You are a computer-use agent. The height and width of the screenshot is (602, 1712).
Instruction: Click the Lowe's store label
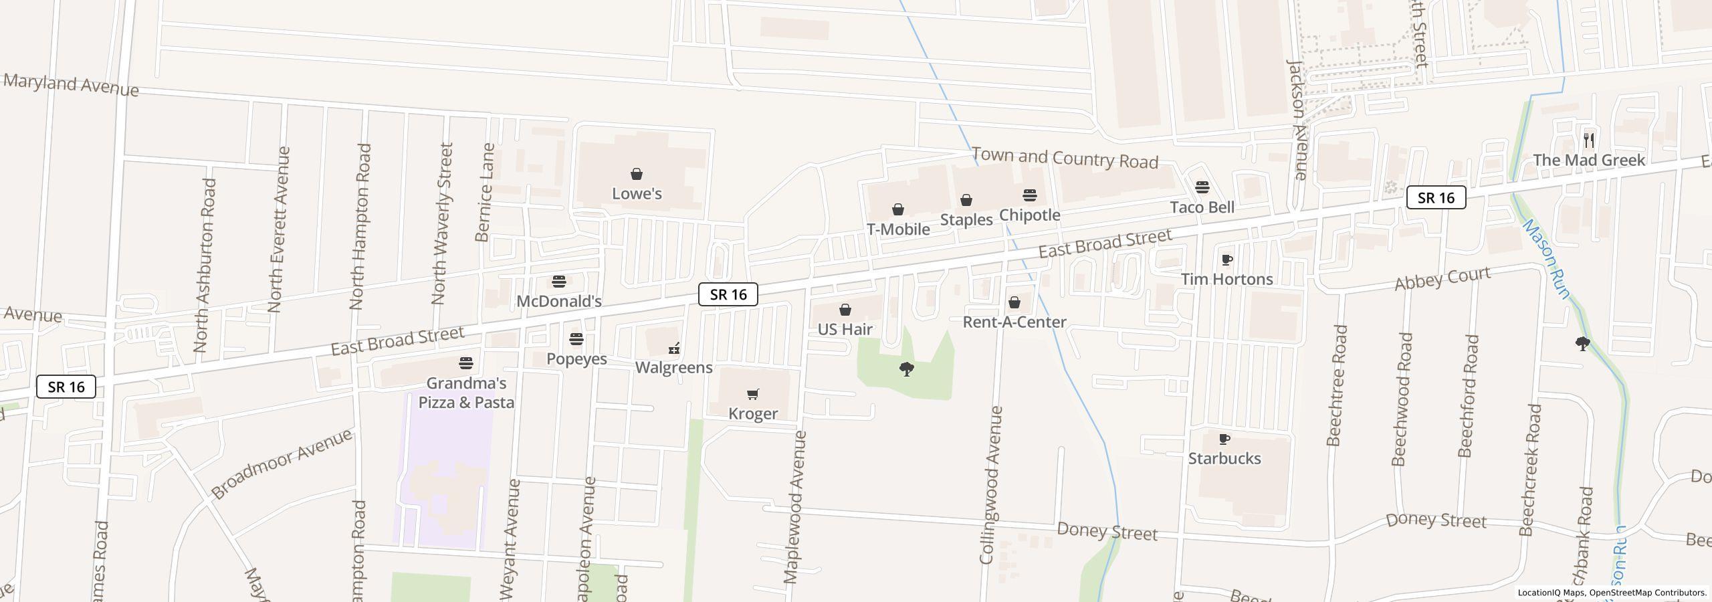(637, 194)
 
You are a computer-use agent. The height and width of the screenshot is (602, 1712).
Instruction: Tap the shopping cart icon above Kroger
(753, 394)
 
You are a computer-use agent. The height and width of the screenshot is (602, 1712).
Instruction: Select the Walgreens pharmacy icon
(674, 348)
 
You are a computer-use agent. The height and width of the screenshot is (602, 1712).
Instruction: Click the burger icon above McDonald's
(559, 282)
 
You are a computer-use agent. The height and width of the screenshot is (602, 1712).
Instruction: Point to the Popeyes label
(576, 359)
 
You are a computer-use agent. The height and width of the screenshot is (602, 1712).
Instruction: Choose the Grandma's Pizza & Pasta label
(466, 393)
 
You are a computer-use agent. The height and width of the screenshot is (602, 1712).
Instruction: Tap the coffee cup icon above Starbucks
(1224, 439)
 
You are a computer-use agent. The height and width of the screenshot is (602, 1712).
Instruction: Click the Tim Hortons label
(1226, 279)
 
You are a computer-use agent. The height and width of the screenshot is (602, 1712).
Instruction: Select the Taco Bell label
(1202, 207)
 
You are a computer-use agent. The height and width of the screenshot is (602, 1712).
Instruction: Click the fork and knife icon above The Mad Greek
(1589, 140)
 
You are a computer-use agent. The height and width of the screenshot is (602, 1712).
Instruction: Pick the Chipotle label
(1029, 215)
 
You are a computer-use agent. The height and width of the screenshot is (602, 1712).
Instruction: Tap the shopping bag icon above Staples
(966, 201)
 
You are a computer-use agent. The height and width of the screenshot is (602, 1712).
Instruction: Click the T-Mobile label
(898, 229)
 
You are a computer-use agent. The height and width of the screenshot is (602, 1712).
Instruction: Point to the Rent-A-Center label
(1014, 322)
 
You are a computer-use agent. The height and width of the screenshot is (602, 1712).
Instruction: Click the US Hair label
(845, 330)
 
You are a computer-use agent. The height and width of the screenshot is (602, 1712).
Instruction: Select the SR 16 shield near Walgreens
(728, 294)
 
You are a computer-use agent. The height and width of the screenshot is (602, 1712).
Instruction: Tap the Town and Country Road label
(1064, 159)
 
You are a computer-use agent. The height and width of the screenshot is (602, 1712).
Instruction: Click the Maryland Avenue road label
(71, 86)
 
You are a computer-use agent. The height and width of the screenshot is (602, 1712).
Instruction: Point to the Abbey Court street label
(1442, 278)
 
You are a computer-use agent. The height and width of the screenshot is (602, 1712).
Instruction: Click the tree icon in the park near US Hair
(907, 369)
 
